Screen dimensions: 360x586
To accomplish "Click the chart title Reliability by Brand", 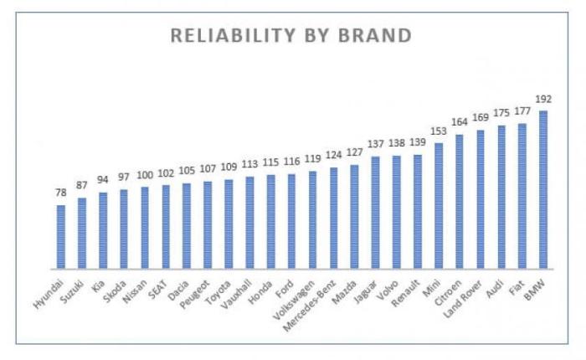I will click(x=291, y=36).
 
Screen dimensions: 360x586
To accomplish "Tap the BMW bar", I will click(x=543, y=188).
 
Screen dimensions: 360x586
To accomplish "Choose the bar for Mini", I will click(x=439, y=205).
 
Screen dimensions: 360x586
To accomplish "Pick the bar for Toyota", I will click(x=229, y=224).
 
